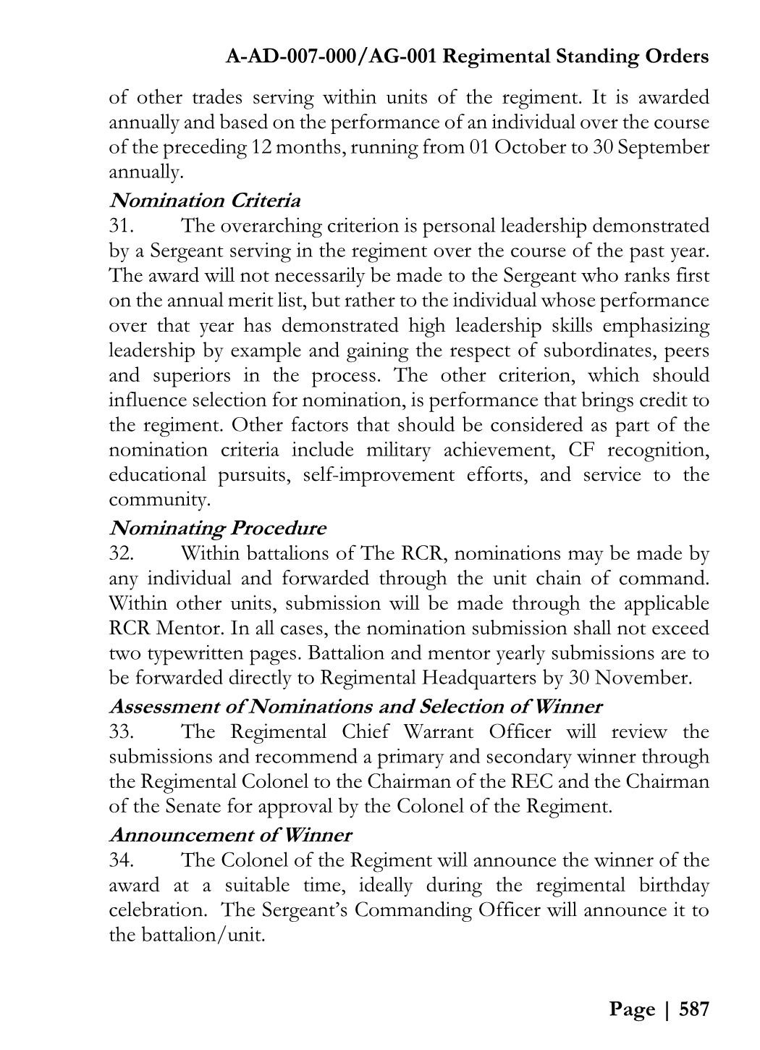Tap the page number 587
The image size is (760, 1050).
point(693,1009)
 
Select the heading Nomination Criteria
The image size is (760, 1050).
point(204,200)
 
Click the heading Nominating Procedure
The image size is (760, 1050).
point(217,528)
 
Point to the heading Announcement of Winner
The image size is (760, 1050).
point(230,835)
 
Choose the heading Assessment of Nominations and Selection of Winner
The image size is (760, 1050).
point(355,706)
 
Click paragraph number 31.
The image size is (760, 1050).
point(121,226)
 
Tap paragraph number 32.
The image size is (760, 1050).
point(121,554)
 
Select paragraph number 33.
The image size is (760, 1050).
point(121,731)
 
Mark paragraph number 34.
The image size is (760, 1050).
point(121,860)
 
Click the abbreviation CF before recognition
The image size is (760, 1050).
point(581,450)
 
